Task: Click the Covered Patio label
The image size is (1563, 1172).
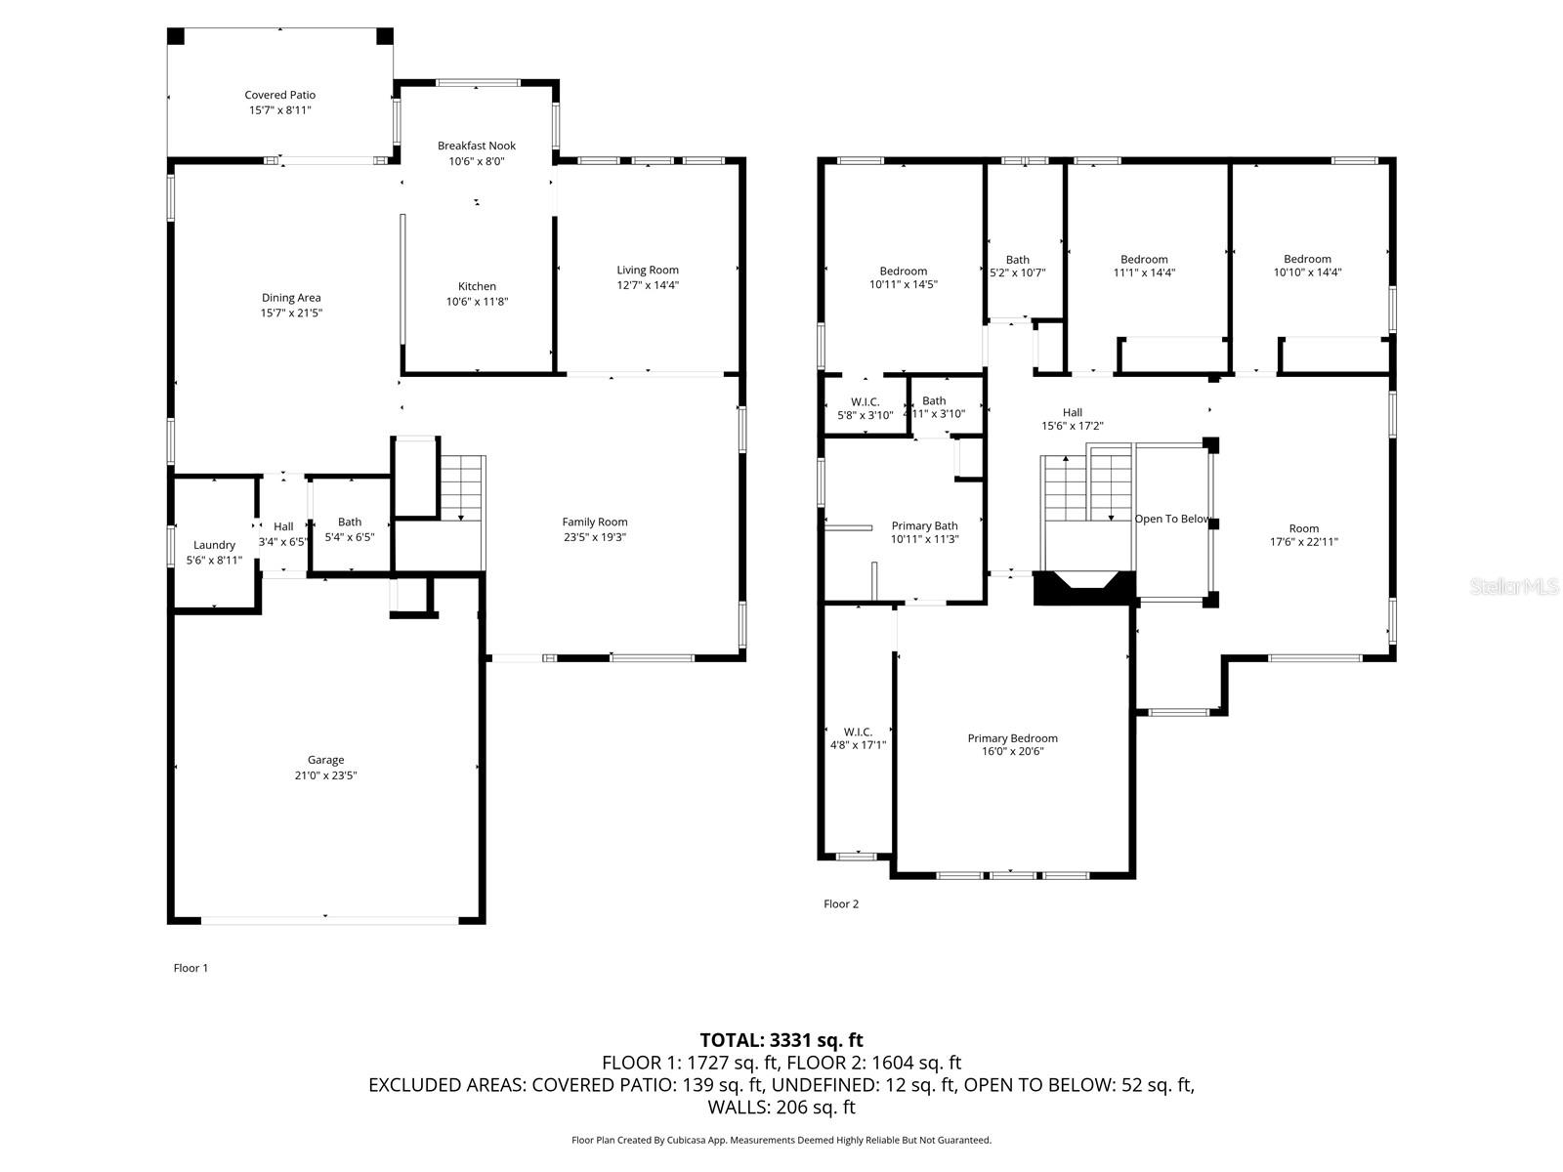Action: [x=280, y=95]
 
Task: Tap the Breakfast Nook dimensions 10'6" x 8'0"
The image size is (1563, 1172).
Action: [x=477, y=161]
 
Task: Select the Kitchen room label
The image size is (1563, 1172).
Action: [x=477, y=286]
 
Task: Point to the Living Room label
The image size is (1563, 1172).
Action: [x=647, y=270]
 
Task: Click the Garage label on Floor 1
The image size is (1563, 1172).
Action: [x=325, y=759]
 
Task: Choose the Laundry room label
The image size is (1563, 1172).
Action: [x=214, y=545]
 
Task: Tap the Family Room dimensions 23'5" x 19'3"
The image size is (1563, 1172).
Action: [x=594, y=537]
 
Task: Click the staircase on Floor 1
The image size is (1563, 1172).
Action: [x=461, y=488]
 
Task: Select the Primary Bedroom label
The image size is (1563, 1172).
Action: [x=1012, y=738]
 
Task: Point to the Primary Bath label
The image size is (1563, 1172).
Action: [x=924, y=525]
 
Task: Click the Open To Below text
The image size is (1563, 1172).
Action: [x=1172, y=519]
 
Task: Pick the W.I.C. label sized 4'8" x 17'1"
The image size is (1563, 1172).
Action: [x=858, y=732]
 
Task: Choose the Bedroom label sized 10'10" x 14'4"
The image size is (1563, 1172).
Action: [x=1307, y=259]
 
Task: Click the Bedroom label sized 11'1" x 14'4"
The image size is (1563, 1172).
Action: [x=1144, y=260]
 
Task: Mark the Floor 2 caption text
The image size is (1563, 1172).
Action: [x=841, y=903]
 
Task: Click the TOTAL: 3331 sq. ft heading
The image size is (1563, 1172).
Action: [x=781, y=1040]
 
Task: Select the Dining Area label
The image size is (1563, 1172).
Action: [x=291, y=298]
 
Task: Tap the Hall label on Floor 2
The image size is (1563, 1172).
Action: [x=1073, y=412]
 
